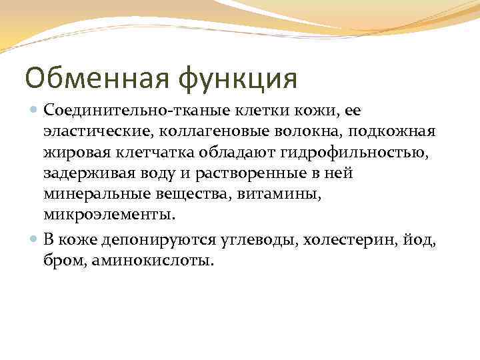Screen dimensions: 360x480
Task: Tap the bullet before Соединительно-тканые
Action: [x=33, y=108]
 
